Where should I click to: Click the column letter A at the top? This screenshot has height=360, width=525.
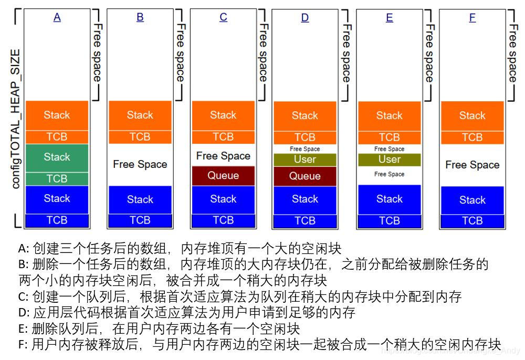pos(57,17)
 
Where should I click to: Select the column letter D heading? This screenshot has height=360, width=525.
pos(305,18)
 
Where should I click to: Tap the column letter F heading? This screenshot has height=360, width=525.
pos(472,18)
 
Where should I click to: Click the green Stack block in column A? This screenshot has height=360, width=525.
pos(57,157)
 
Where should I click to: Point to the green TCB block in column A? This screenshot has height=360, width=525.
pos(57,178)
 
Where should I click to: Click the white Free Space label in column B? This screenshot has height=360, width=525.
pos(140,164)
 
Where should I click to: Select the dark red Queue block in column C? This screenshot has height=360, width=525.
pos(223,176)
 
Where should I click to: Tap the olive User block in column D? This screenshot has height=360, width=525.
pos(305,160)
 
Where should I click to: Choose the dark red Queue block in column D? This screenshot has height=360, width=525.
pos(305,176)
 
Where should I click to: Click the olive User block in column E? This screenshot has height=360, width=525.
pos(389,160)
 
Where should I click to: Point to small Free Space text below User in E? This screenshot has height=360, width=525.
pos(389,174)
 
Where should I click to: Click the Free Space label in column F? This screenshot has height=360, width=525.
pos(472,165)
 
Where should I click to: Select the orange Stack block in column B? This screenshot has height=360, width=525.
pos(140,115)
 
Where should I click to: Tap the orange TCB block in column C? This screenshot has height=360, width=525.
pos(223,137)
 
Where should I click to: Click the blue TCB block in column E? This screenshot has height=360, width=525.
pos(389,221)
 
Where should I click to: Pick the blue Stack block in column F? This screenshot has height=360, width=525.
pos(472,200)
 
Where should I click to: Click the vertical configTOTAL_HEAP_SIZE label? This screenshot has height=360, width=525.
pos(16,119)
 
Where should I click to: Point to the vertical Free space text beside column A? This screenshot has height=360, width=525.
pos(98,52)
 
